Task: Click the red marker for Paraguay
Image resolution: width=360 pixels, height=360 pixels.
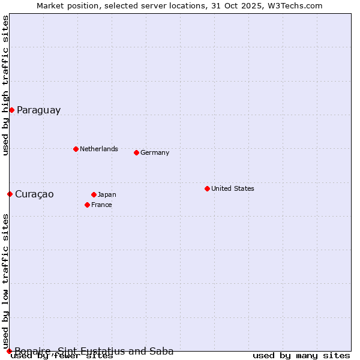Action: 11,110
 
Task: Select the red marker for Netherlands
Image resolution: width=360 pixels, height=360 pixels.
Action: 76,149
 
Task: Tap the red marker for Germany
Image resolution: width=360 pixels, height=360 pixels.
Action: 136,152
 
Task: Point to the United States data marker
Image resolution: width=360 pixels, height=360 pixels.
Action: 207,188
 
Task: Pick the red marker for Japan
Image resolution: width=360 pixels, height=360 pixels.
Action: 94,194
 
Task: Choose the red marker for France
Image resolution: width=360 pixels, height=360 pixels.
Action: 87,205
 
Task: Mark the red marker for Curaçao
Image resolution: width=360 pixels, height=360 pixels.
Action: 10,194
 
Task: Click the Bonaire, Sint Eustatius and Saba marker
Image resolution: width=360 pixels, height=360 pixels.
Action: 9,351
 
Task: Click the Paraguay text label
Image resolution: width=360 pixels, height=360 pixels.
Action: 38,110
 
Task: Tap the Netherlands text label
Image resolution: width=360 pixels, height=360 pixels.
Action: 99,149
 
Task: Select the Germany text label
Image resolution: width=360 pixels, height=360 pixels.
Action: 155,152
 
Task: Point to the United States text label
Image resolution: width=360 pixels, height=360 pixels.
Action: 233,188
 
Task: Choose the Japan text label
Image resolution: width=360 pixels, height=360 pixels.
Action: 107,194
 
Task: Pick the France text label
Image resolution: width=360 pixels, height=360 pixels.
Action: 101,205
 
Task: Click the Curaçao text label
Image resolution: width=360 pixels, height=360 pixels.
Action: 34,194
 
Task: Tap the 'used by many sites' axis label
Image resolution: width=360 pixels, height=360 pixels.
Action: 301,356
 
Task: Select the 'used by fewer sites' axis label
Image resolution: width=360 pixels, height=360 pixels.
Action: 62,356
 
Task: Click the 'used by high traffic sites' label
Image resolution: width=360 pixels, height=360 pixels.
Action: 6,85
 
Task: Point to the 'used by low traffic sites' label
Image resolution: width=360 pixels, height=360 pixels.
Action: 6,281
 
